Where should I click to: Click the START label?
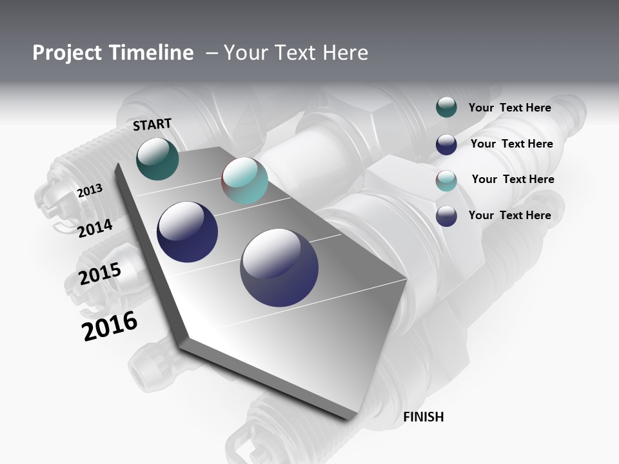pyautogui.click(x=152, y=124)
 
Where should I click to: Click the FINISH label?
pyautogui.click(x=423, y=417)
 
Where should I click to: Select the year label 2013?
pyautogui.click(x=90, y=191)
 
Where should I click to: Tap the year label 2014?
pyautogui.click(x=95, y=228)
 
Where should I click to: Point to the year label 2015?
pyautogui.click(x=99, y=274)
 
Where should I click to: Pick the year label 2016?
pyautogui.click(x=110, y=326)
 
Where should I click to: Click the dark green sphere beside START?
pyautogui.click(x=158, y=159)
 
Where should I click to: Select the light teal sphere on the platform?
pyautogui.click(x=244, y=181)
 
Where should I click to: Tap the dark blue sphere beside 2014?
pyautogui.click(x=188, y=232)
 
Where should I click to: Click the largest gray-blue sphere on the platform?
pyautogui.click(x=279, y=267)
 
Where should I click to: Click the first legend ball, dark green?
pyautogui.click(x=446, y=108)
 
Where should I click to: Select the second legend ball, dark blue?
pyautogui.click(x=446, y=144)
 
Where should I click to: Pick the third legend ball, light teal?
pyautogui.click(x=446, y=180)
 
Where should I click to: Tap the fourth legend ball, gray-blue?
pyautogui.click(x=446, y=216)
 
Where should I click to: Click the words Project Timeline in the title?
pyautogui.click(x=113, y=53)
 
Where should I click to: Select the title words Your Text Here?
pyautogui.click(x=296, y=53)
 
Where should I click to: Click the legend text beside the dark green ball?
pyautogui.click(x=509, y=108)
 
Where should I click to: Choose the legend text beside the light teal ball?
pyautogui.click(x=513, y=179)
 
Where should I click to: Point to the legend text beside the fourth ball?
pyautogui.click(x=509, y=215)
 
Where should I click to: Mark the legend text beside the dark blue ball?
pyautogui.click(x=511, y=144)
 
